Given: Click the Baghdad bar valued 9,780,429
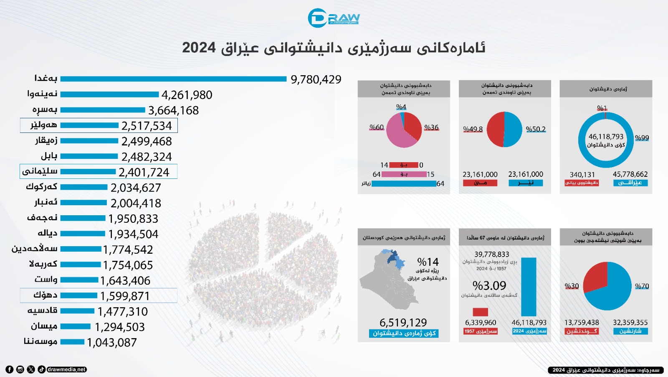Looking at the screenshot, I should tap(173, 79).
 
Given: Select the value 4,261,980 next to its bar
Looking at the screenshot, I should tap(187, 95).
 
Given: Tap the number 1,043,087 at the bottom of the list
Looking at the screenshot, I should tap(111, 343).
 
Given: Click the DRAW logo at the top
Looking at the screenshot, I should tap(334, 18).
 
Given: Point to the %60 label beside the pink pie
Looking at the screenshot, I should tap(376, 127).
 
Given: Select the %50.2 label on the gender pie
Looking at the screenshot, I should tap(536, 129).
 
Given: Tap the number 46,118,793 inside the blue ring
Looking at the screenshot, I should tap(606, 137).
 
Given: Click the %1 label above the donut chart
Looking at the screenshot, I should tap(602, 108).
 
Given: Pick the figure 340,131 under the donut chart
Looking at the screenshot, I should tap(582, 175).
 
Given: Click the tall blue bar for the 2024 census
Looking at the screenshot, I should tap(529, 287).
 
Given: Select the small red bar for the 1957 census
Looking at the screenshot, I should tap(480, 312).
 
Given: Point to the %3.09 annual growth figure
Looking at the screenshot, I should tap(489, 285).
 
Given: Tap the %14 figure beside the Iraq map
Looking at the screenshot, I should tap(428, 262).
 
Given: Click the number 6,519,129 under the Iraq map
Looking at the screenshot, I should tap(403, 323).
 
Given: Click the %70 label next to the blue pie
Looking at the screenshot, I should tap(642, 286).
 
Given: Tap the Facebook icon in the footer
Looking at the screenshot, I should tap(9, 369).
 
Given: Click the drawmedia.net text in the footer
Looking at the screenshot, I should tap(67, 369).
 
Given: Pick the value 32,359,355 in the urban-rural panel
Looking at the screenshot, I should tap(630, 323).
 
